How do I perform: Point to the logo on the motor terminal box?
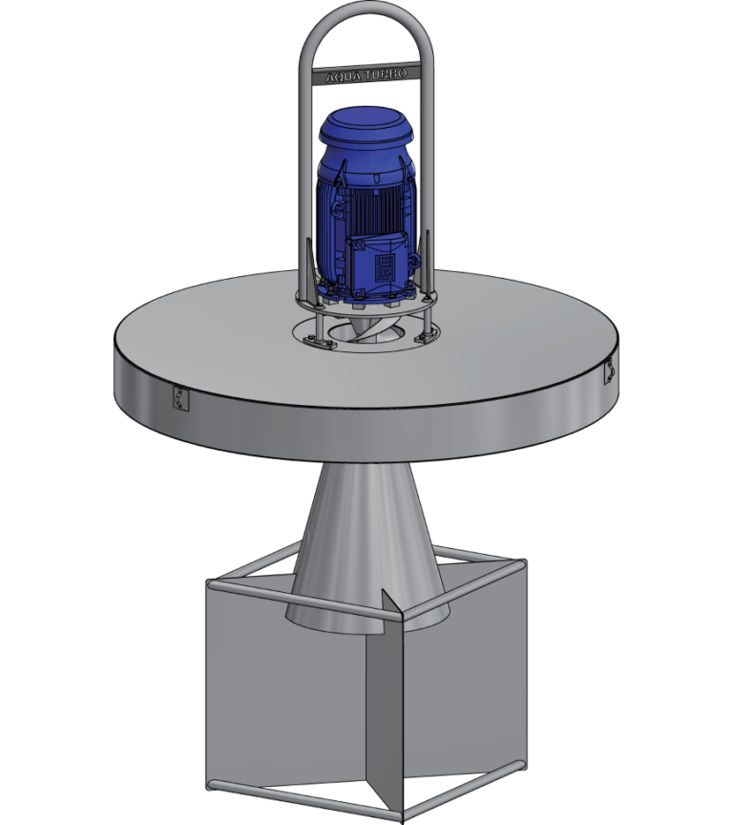point(386,262)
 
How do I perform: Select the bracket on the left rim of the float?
point(178,398)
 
